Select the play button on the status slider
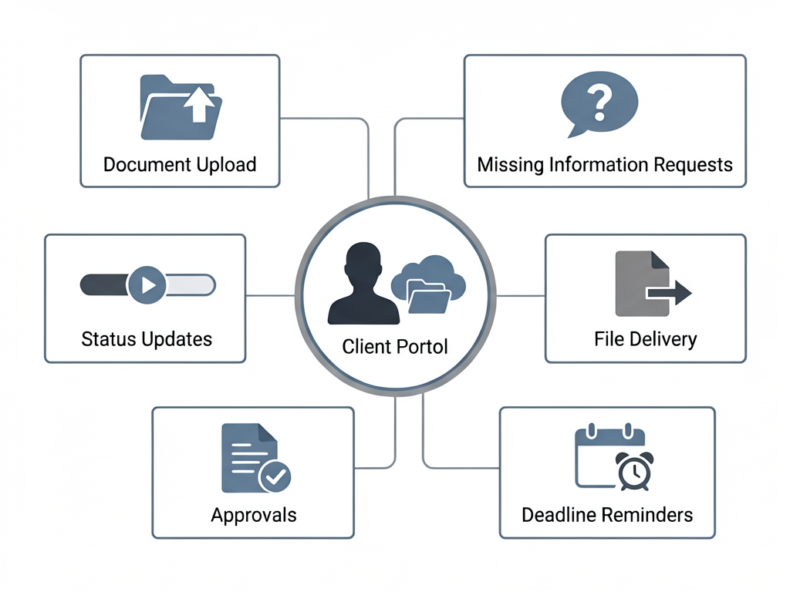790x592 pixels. [147, 285]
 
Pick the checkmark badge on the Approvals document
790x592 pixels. [274, 476]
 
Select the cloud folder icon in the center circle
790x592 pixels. [429, 285]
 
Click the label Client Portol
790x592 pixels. [395, 347]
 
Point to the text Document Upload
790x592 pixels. [180, 164]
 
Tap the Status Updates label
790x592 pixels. [147, 339]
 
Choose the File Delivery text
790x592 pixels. [645, 339]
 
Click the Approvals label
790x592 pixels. [253, 515]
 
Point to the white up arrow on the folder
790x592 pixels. [198, 104]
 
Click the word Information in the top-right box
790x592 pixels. [599, 164]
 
